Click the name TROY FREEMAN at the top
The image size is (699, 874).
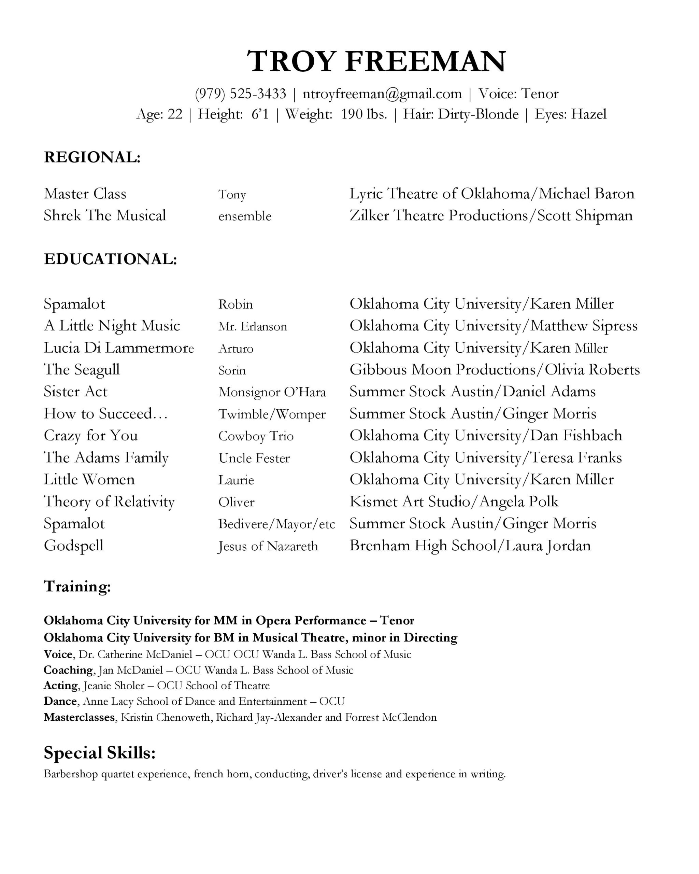[376, 61]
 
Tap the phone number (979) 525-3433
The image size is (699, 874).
[240, 94]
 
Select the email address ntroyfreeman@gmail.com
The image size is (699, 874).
[382, 94]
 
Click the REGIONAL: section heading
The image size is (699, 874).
[92, 157]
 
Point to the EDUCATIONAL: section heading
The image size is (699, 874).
[111, 259]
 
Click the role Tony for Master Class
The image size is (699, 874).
[232, 194]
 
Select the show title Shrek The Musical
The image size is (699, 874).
[105, 215]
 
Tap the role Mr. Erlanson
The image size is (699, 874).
[253, 326]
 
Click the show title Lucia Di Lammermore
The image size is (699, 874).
[119, 348]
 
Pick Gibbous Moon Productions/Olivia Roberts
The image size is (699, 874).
[494, 369]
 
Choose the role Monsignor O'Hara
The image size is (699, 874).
[272, 392]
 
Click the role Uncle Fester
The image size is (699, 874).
[254, 458]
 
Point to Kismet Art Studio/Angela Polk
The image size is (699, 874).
[454, 502]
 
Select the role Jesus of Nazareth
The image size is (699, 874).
[268, 546]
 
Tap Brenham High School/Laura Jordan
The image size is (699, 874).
[470, 545]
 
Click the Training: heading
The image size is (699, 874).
[77, 586]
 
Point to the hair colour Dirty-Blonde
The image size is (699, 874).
[478, 114]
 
